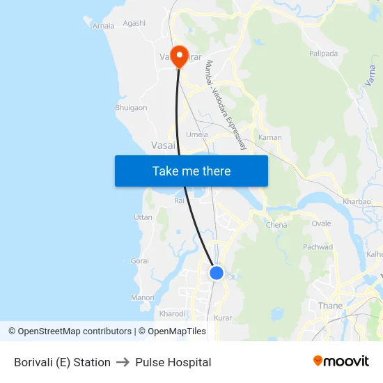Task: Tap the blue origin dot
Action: coord(217,273)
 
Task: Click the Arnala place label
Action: coord(104,26)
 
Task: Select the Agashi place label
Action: coord(134,23)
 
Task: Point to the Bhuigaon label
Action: coord(131,108)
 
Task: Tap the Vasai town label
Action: coord(163,146)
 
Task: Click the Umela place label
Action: coord(197,134)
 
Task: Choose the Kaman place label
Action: coord(270,137)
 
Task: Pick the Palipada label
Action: coord(323,53)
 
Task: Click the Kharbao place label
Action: coord(357,202)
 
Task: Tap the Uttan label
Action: coord(143,218)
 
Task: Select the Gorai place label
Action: coord(139,260)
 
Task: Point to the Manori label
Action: coord(143,297)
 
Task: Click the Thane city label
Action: coord(330,306)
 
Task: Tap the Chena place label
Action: coord(276,225)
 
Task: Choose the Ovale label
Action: coord(322,224)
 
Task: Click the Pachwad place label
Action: coord(318,247)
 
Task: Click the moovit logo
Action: coord(341,361)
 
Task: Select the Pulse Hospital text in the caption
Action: coord(173,362)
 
